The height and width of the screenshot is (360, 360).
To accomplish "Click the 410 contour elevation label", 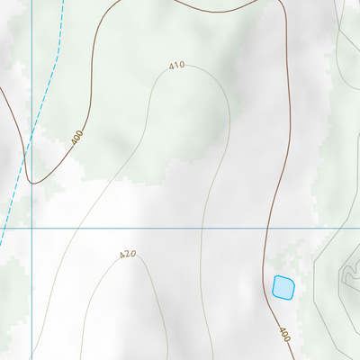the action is [x=176, y=66].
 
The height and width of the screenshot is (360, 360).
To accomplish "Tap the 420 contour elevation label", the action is [x=127, y=255].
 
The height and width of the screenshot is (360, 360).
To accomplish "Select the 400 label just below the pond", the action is [x=284, y=334].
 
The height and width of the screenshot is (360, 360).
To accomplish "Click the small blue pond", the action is [x=283, y=287].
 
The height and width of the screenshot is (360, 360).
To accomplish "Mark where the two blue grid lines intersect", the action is [x=31, y=229].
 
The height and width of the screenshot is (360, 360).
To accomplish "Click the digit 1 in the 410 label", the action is [x=176, y=66].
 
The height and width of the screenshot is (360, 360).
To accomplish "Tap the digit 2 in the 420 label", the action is [x=127, y=255].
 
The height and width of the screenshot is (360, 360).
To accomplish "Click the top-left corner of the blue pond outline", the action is [x=274, y=277].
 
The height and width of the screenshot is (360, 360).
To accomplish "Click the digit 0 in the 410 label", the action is [x=182, y=67].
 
